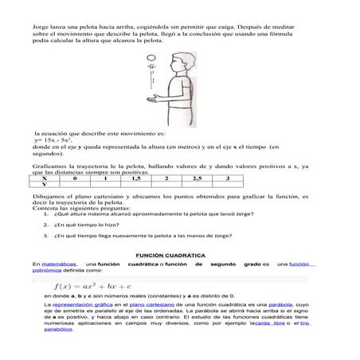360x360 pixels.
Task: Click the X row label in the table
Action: (44, 179)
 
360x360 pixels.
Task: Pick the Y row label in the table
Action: (44, 186)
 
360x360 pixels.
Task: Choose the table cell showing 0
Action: (74, 179)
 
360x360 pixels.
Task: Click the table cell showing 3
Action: (228, 179)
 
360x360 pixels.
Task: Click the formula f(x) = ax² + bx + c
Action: (92, 284)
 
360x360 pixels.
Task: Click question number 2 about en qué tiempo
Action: (88, 224)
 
